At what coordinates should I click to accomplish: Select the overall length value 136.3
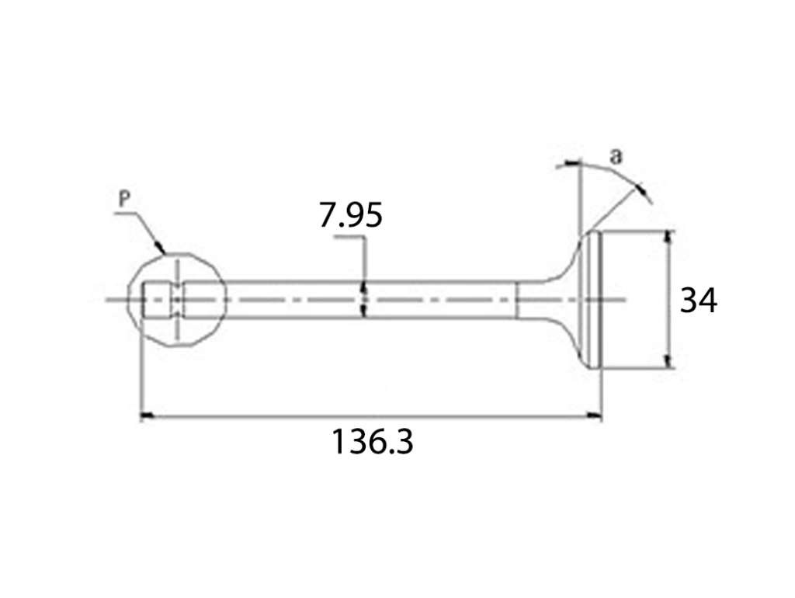[x=372, y=441]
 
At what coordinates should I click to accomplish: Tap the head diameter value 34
[x=698, y=300]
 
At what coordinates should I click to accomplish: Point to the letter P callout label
[x=124, y=199]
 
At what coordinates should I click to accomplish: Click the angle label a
[x=615, y=156]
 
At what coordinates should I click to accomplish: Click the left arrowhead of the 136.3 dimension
[x=147, y=416]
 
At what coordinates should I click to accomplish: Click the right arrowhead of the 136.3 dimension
[x=595, y=416]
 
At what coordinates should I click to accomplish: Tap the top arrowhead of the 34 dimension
[x=669, y=238]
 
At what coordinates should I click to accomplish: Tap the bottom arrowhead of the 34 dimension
[x=669, y=361]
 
